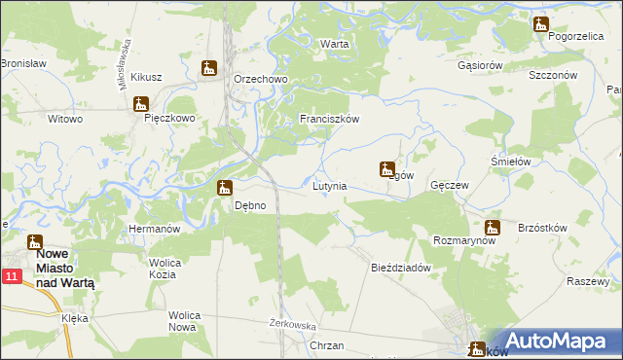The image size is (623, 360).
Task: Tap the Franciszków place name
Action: pos(330,119)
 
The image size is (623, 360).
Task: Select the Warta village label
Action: pos(334,45)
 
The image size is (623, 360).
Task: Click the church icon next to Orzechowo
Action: pos(208,68)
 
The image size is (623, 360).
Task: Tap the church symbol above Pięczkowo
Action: pos(142,104)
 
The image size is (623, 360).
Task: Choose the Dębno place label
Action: pos(251,205)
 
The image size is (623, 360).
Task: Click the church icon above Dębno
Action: pos(225,188)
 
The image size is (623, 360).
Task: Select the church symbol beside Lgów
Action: pos(386,168)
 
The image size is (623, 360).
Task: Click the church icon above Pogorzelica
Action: pos(540,23)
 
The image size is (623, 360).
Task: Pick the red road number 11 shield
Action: pos(11,277)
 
